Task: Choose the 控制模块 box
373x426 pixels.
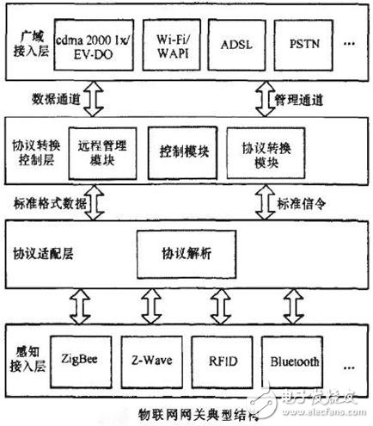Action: tap(179, 151)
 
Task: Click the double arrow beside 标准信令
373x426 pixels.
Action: tap(262, 203)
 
